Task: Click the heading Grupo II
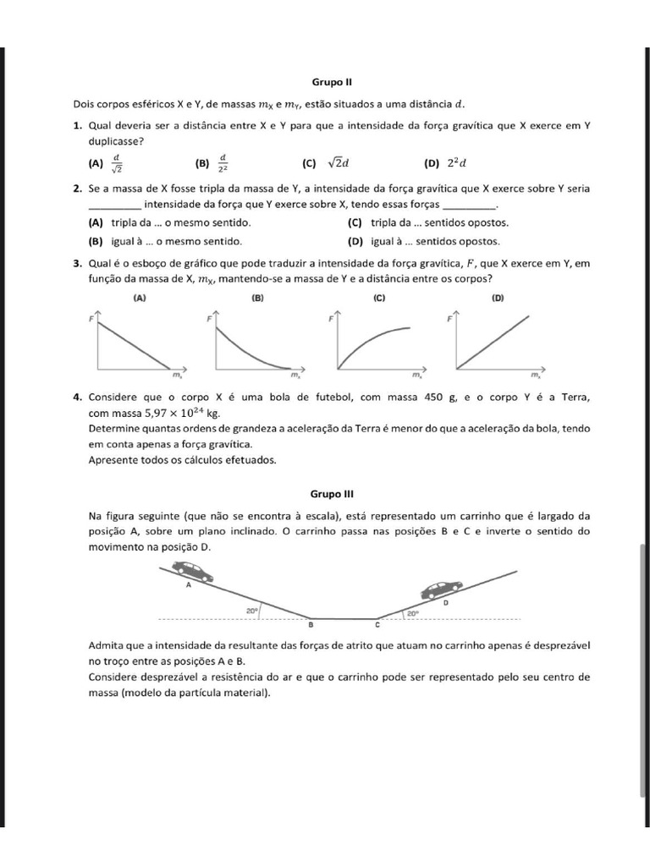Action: [325, 83]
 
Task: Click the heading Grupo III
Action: [325, 492]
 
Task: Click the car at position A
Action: [196, 572]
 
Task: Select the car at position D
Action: [442, 587]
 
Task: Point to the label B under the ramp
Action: [310, 626]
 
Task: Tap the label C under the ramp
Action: [377, 626]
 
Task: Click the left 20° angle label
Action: [252, 610]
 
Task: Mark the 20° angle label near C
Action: [413, 614]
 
